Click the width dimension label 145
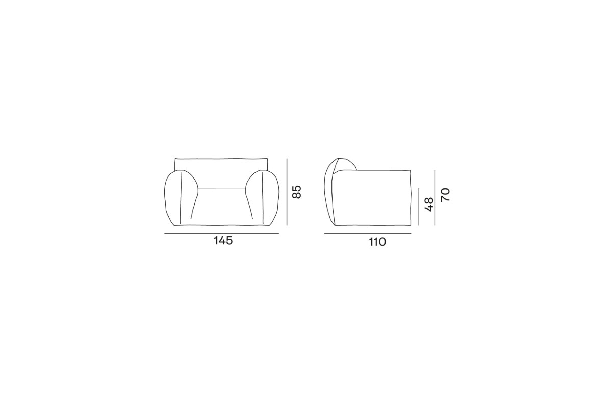[x=223, y=241]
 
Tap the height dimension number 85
[x=296, y=192]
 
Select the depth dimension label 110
[x=377, y=242]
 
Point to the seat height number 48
[x=429, y=205]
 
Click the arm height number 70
[x=445, y=195]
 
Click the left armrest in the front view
[x=181, y=198]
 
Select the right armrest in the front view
[x=262, y=198]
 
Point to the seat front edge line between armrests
[x=221, y=188]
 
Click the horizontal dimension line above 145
[x=221, y=234]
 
